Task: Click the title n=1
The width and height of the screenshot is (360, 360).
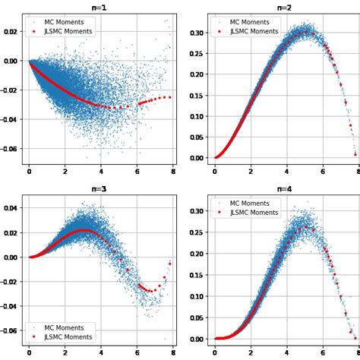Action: [99, 8]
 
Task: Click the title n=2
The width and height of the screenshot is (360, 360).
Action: [283, 8]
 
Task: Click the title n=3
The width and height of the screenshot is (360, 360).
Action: [99, 189]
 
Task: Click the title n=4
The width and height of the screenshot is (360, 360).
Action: [283, 189]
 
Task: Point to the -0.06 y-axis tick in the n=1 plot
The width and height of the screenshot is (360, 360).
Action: [11, 150]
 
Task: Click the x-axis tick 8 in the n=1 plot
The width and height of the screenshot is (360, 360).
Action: [173, 172]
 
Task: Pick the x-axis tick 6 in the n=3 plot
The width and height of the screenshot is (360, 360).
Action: [137, 353]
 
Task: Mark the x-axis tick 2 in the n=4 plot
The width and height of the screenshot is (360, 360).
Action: [251, 353]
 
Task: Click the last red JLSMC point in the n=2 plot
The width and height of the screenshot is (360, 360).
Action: [355, 154]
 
